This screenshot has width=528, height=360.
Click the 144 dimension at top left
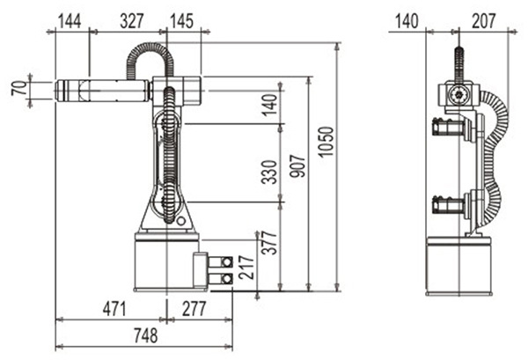[70, 21]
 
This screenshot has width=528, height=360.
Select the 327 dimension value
[132, 21]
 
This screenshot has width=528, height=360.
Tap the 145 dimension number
[181, 21]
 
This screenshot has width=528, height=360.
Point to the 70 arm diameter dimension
[20, 88]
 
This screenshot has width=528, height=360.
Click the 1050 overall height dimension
[326, 142]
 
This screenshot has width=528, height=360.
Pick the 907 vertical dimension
[297, 165]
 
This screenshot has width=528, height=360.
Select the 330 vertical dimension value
[269, 173]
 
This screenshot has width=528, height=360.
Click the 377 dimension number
[269, 242]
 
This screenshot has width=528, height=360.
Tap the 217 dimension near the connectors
[246, 267]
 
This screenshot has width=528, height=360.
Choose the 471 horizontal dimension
[114, 308]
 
